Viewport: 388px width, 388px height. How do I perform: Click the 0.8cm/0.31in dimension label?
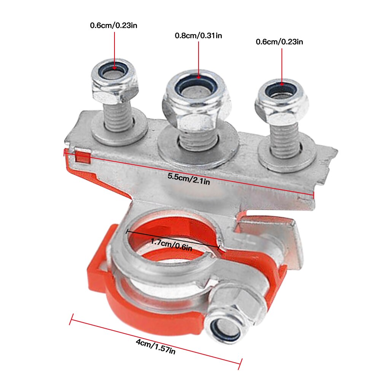point(198,36)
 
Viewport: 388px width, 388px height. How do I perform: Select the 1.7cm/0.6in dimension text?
point(171,245)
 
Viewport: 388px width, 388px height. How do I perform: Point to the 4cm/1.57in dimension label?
point(156,346)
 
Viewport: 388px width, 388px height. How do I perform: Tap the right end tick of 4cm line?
point(240,364)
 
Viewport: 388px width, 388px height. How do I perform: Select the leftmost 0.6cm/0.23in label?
point(113,26)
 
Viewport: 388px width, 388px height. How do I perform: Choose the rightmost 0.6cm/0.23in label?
point(279,42)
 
